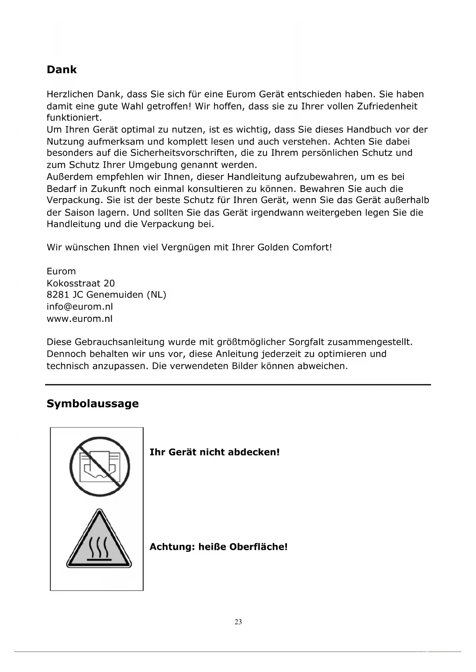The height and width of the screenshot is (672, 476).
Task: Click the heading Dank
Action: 61,70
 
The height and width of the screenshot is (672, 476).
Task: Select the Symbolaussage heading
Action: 92,403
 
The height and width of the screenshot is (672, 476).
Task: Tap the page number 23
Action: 238,622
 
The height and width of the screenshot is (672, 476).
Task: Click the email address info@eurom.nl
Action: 80,306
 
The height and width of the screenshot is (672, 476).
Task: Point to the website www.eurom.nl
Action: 80,319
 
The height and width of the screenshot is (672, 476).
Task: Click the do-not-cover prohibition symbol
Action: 99,467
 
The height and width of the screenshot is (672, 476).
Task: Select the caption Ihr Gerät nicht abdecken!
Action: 214,452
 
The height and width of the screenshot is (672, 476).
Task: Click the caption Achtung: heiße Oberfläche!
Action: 218,547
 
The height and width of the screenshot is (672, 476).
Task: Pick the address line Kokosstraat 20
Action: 81,283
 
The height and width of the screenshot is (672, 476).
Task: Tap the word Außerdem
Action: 70,177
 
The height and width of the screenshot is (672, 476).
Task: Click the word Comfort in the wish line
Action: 311,247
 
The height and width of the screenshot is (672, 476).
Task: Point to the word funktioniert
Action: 74,118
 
